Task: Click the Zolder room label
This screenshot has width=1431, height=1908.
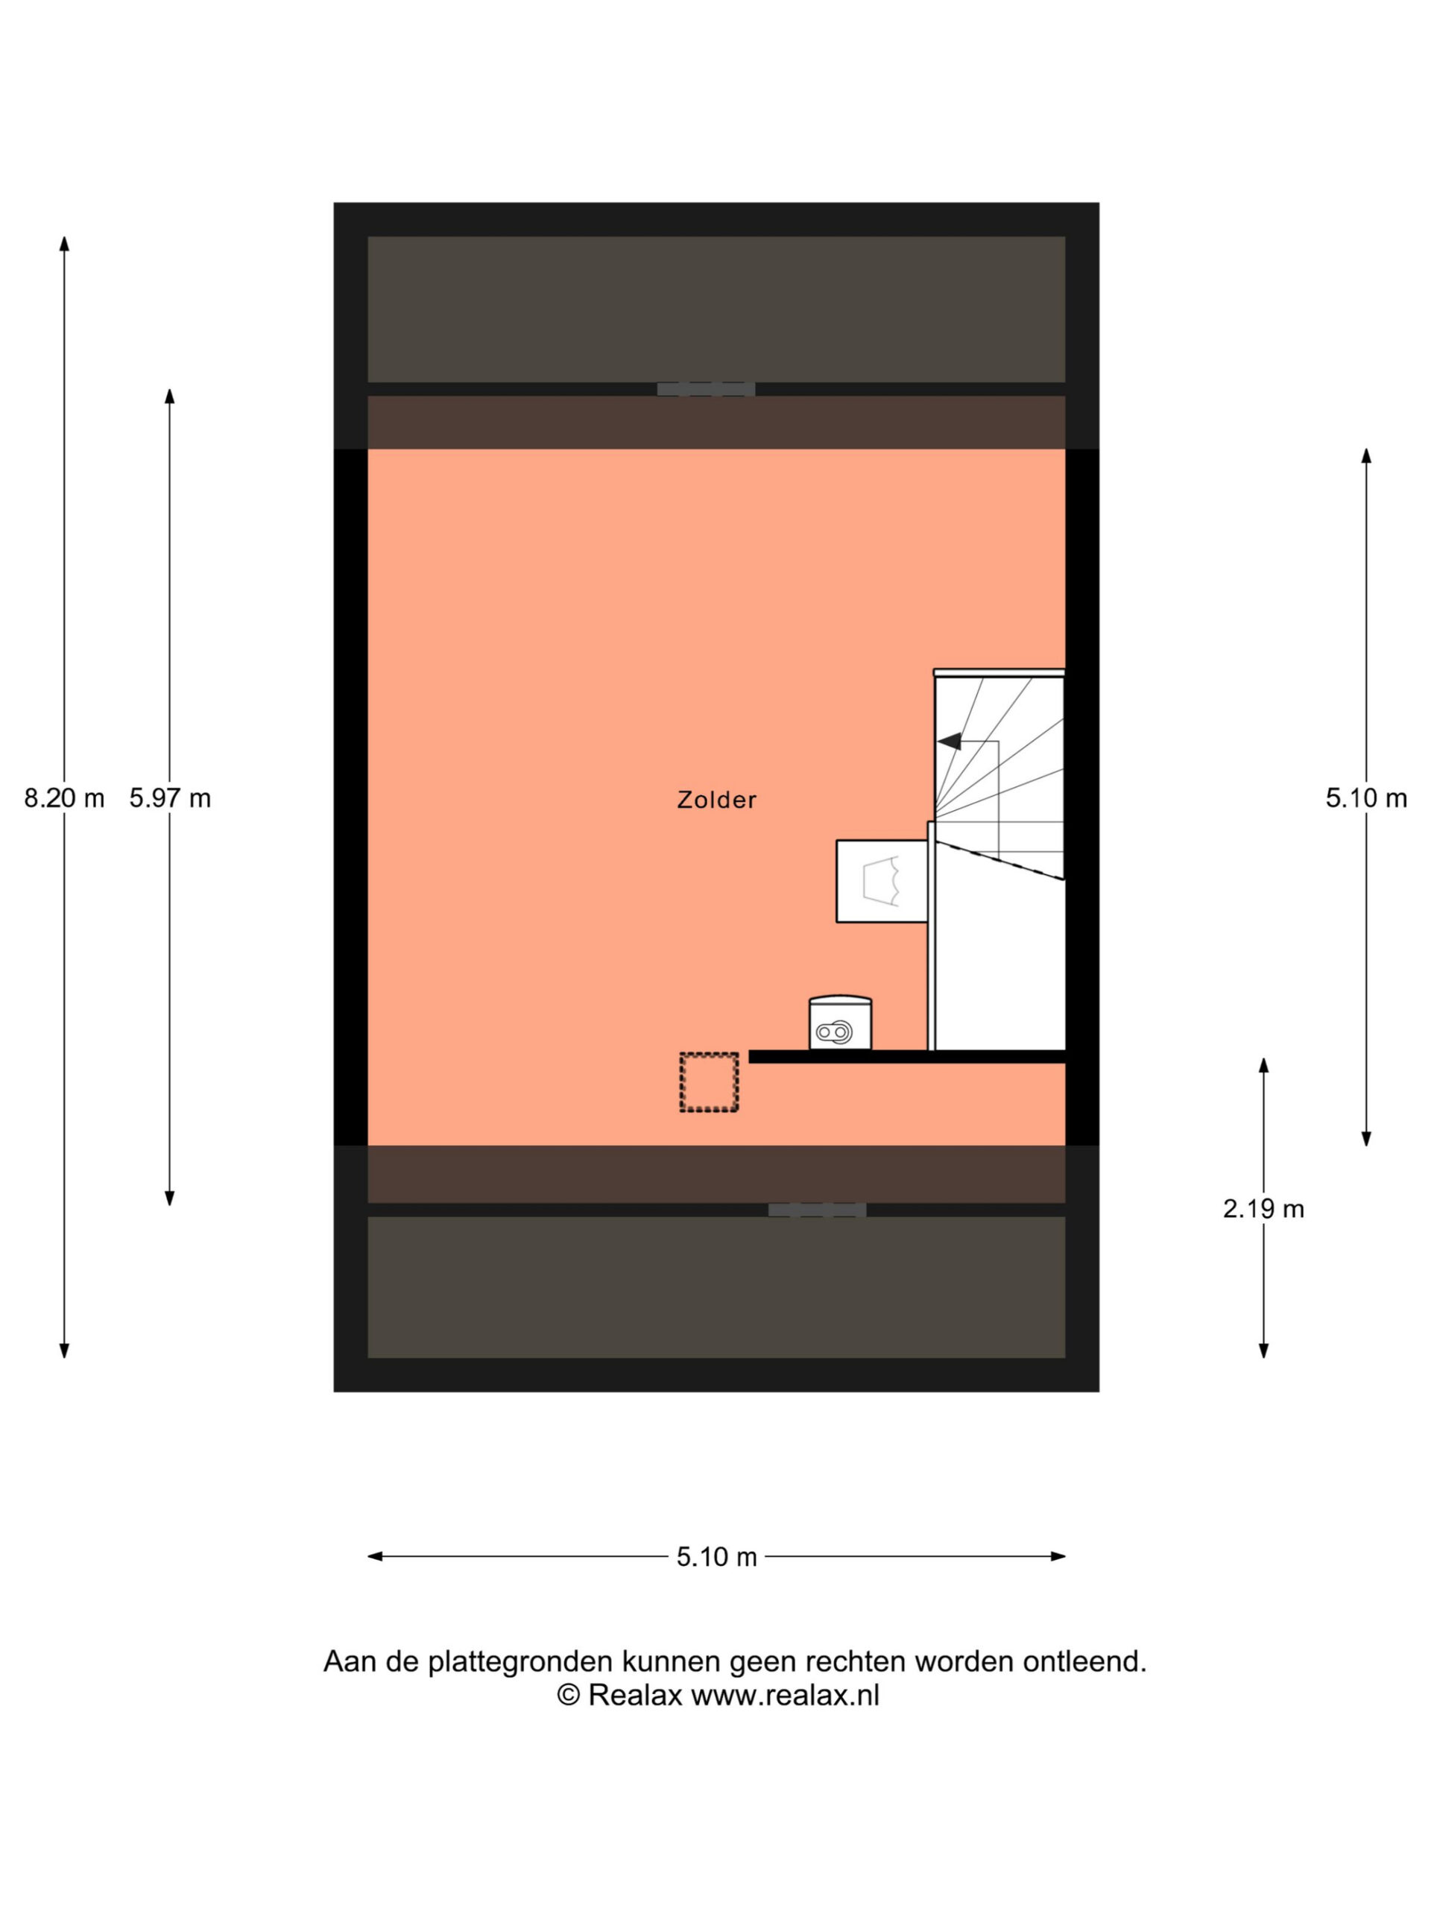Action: (716, 800)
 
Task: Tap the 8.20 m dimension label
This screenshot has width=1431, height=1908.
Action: (64, 799)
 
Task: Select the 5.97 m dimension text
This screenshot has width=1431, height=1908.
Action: (170, 799)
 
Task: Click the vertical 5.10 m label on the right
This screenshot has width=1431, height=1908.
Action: (1365, 799)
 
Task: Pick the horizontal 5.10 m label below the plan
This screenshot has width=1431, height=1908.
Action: (716, 1557)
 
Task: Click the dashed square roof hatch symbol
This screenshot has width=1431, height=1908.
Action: (709, 1081)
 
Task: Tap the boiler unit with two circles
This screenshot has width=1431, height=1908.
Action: (840, 1023)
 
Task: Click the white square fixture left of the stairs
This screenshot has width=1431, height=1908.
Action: (882, 881)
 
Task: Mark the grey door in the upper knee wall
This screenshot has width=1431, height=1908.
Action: (706, 389)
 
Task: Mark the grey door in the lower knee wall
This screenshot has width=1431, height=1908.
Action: (817, 1210)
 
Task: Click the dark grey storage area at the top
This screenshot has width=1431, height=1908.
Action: (716, 309)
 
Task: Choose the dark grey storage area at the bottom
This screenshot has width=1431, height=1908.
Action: (716, 1288)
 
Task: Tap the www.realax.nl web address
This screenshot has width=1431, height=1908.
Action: (785, 1696)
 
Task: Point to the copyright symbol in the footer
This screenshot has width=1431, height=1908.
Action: (568, 1696)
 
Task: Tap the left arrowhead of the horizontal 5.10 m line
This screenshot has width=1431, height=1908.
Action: (375, 1557)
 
